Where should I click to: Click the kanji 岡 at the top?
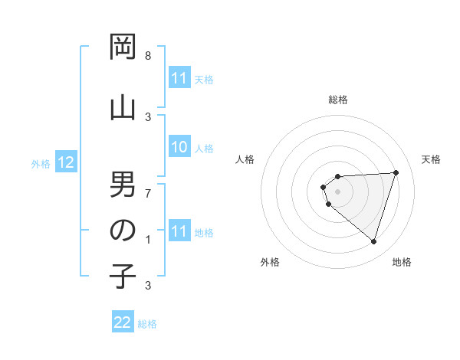pos(123,48)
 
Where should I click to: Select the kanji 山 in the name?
pos(123,107)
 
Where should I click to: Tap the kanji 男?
pos(123,185)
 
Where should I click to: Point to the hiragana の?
pos(123,231)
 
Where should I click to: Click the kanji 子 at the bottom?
pos(123,277)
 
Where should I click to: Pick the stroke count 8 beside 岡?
pos(148,56)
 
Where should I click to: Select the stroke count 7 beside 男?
pos(148,193)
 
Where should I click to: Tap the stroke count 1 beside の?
pos(148,240)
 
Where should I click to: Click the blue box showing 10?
pos(179,148)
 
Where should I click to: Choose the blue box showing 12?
pos(65,162)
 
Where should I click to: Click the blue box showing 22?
pos(123,322)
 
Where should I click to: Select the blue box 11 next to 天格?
pos(179,78)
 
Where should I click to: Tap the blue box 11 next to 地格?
pos(179,231)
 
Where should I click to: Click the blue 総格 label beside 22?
pos(147,324)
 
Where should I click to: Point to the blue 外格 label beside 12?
pos(41,163)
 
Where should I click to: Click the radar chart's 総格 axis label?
pos(338,100)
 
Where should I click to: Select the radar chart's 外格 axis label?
pos(270,262)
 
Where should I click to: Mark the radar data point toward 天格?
pos(396,172)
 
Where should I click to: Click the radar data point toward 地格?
pos(373,242)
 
